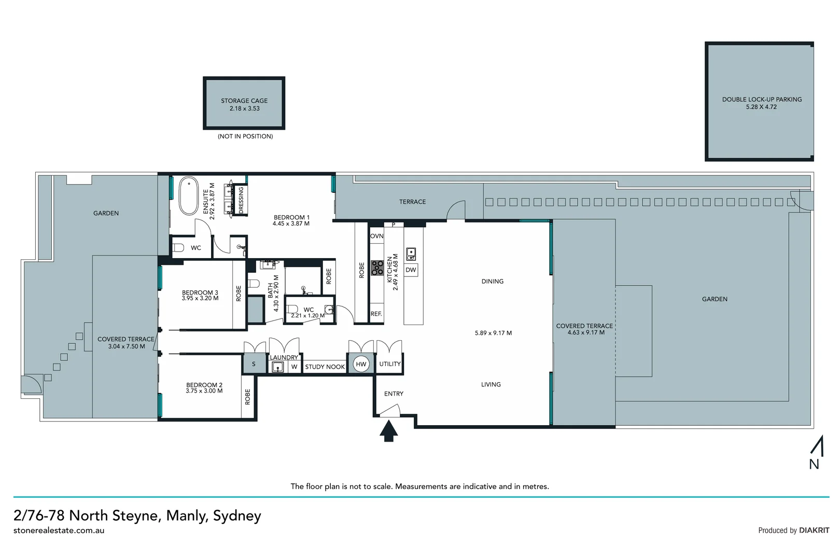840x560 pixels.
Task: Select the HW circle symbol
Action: click(x=361, y=364)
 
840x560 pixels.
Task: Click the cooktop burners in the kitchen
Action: click(x=377, y=268)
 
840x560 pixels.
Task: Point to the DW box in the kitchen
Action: click(x=411, y=270)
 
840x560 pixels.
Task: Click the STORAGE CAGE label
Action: click(x=244, y=101)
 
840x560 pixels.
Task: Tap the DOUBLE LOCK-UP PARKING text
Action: click(x=762, y=99)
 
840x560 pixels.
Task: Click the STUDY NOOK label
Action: click(x=325, y=367)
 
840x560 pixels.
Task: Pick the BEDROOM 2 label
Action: click(x=204, y=385)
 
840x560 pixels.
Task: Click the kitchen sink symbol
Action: click(x=411, y=254)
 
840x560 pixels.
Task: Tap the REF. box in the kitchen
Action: click(x=376, y=314)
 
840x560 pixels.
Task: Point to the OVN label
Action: click(x=377, y=236)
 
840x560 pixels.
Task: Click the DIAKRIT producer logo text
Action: click(x=814, y=530)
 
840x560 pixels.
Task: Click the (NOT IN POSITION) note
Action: click(x=245, y=136)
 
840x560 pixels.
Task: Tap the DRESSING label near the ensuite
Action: click(x=241, y=200)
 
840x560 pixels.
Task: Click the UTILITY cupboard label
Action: click(x=390, y=364)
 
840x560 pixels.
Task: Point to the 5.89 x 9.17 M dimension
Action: click(x=493, y=333)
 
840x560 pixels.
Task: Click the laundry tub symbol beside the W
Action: click(x=278, y=367)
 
